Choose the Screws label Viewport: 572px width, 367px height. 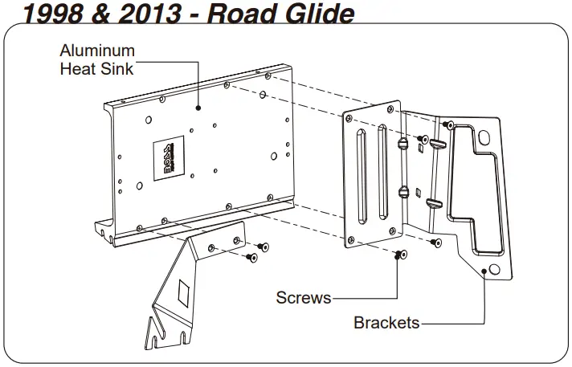tap(303, 298)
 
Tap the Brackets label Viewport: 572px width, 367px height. tap(386, 323)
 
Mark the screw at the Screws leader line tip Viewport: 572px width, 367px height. tap(398, 255)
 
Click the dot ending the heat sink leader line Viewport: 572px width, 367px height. tap(198, 106)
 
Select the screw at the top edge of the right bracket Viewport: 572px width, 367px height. tap(450, 124)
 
